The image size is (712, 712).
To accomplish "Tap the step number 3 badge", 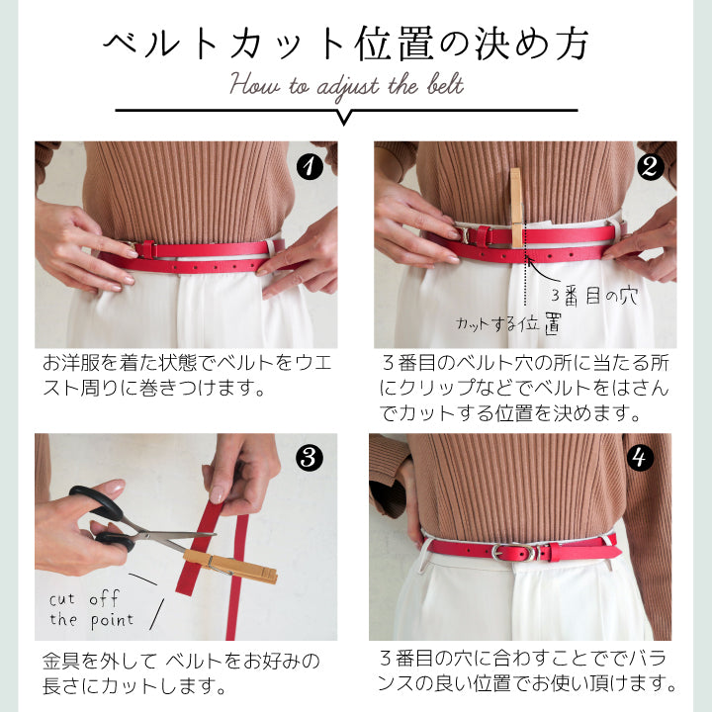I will point(310,458).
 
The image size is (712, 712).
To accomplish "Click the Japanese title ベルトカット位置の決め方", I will point(347,44).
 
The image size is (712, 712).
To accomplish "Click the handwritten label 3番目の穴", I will point(594,296).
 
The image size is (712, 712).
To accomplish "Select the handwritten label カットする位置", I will point(508,323).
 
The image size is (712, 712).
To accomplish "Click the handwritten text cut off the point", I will point(91,609).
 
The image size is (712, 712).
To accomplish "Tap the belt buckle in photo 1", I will point(144,248).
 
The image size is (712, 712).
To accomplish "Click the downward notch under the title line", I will point(344,117).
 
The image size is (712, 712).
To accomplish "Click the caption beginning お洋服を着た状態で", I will point(186,375).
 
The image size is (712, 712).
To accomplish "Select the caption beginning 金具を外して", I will point(180,672).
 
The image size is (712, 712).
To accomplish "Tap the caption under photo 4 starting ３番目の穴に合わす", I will point(528,670).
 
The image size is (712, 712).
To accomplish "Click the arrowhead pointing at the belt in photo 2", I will point(530,260).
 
